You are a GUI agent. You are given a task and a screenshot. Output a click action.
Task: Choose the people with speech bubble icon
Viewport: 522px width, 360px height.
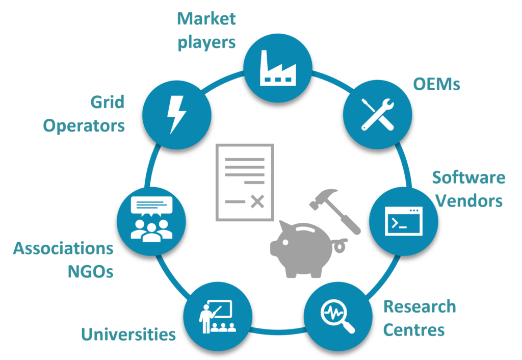coord(151,218)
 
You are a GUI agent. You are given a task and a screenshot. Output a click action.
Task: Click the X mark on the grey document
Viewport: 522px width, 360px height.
coord(257,202)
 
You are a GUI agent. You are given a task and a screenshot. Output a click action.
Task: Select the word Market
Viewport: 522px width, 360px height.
coord(206,19)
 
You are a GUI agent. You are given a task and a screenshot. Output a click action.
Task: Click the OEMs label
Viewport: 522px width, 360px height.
coord(436,84)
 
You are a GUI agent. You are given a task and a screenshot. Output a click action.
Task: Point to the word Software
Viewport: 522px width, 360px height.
coord(468,178)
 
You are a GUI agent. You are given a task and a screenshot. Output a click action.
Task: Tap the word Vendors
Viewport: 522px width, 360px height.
coord(469,200)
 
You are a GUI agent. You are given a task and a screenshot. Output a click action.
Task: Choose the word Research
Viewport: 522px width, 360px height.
coord(419,307)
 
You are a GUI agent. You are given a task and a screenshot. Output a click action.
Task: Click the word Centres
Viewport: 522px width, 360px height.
coord(413,329)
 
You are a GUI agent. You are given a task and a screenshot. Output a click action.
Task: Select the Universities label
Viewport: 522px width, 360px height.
coord(128,335)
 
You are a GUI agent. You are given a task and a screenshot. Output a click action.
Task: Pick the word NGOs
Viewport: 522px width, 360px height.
coord(91,271)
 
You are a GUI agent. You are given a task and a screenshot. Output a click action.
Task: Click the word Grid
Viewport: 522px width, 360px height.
coord(107,102)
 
